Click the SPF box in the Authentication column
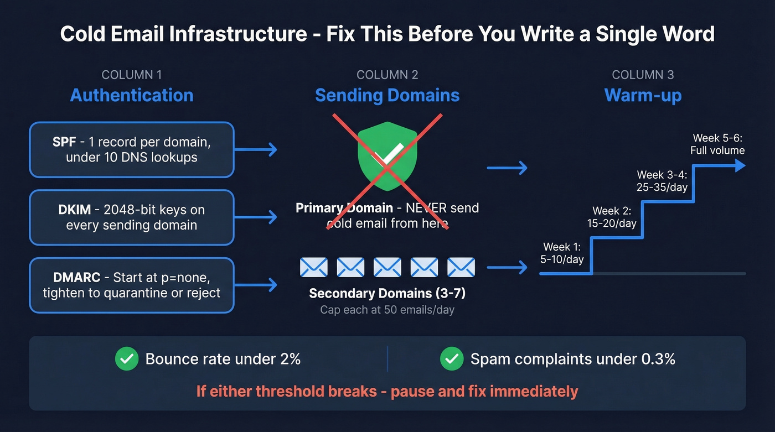132,150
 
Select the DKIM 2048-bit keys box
132,217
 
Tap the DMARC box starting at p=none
132,285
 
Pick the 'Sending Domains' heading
387,95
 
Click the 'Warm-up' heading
643,95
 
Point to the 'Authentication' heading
132,95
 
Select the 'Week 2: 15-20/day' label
611,217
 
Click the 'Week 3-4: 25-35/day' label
662,181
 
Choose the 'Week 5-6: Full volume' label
717,144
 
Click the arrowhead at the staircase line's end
740,165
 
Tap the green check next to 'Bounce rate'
127,359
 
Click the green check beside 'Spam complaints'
451,359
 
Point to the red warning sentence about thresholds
387,392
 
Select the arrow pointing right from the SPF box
260,149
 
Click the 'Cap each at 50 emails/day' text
387,310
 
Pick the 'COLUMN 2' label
387,75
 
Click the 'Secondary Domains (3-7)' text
387,293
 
